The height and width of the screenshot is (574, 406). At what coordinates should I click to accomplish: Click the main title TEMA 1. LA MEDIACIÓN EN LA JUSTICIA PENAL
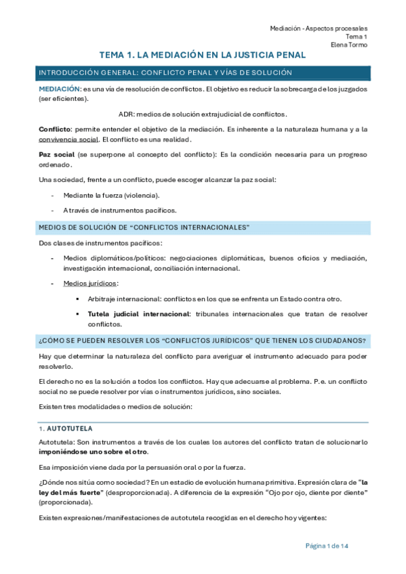pyautogui.click(x=203, y=55)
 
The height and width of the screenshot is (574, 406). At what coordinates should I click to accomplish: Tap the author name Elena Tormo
pyautogui.click(x=349, y=45)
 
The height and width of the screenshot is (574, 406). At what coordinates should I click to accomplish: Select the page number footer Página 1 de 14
pyautogui.click(x=327, y=546)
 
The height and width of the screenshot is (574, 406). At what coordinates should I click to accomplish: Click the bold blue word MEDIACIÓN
pyautogui.click(x=59, y=89)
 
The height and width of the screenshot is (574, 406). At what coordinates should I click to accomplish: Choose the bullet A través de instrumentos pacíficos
pyautogui.click(x=119, y=210)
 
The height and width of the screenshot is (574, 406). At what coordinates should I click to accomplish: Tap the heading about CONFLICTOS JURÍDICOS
pyautogui.click(x=203, y=339)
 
